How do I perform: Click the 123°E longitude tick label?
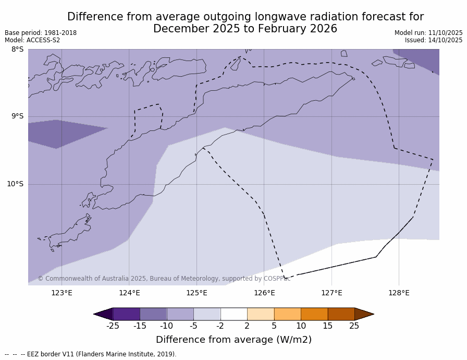pyautogui.click(x=62, y=293)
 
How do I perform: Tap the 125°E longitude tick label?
pyautogui.click(x=196, y=293)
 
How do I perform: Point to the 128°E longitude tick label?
pyautogui.click(x=399, y=293)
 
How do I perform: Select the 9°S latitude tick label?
pyautogui.click(x=17, y=116)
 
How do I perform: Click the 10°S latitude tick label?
pyautogui.click(x=15, y=184)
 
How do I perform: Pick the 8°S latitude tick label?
pyautogui.click(x=17, y=50)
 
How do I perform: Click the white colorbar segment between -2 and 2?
pyautogui.click(x=233, y=314)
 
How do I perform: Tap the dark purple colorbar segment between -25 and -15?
pyautogui.click(x=126, y=314)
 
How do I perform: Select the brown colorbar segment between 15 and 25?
pyautogui.click(x=341, y=314)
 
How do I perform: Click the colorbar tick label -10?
pyautogui.click(x=166, y=326)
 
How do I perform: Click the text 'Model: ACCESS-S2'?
pyautogui.click(x=32, y=40)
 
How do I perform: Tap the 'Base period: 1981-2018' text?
pyautogui.click(x=41, y=33)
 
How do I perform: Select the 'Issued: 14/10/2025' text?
pyautogui.click(x=434, y=40)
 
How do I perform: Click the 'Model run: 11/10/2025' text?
pyautogui.click(x=428, y=33)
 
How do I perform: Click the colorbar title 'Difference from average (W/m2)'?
pyautogui.click(x=233, y=340)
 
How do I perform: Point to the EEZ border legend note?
pyautogui.click(x=91, y=354)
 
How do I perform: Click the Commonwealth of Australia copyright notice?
pyautogui.click(x=164, y=279)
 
